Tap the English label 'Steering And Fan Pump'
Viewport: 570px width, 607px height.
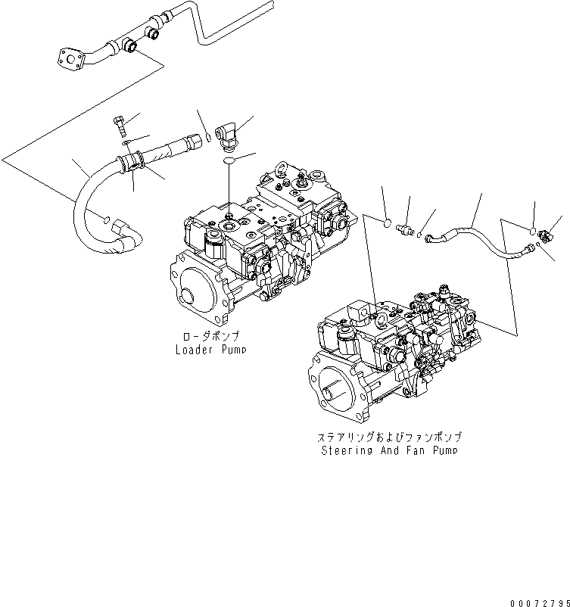click(389, 450)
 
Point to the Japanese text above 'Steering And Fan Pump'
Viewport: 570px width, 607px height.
click(389, 437)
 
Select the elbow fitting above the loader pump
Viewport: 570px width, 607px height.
click(227, 135)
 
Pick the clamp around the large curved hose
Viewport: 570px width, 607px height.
click(132, 162)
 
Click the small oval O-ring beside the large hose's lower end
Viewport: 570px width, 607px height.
click(107, 220)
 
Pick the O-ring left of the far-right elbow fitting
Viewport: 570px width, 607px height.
click(534, 230)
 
